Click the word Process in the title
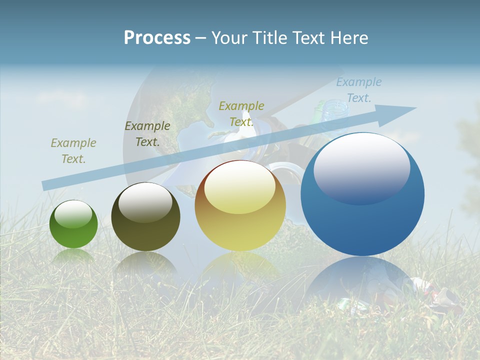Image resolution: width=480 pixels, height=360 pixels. click(157, 38)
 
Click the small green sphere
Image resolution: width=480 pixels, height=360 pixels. click(73, 225)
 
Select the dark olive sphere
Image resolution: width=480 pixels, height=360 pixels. click(145, 217)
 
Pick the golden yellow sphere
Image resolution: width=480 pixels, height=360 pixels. click(240, 206)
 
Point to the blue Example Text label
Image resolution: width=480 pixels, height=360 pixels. click(358, 90)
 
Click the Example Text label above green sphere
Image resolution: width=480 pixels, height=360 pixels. click(73, 151)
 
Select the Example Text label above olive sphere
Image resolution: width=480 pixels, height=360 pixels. click(147, 134)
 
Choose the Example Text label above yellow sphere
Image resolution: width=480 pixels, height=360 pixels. click(241, 113)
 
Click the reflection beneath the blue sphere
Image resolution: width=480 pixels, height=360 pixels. click(362, 280)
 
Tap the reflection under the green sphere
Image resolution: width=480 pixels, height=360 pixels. click(73, 256)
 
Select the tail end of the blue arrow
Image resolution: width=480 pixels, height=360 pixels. click(47, 185)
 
